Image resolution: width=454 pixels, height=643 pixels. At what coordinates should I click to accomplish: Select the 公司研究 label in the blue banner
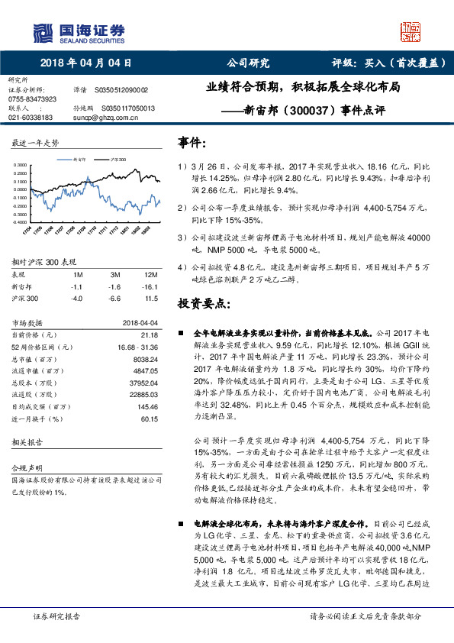pos(249,63)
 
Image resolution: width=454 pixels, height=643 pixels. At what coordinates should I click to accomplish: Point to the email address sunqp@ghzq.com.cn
pos(105,118)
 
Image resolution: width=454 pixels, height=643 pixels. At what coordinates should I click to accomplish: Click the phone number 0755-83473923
pos(32,99)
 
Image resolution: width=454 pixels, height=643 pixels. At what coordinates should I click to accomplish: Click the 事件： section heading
pos(192,143)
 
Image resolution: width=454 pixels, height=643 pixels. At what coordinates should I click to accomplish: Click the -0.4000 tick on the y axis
pos(23,222)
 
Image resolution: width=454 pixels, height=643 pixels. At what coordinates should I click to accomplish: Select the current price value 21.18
pos(150,334)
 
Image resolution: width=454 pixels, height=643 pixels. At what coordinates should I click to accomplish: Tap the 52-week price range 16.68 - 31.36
pos(138,346)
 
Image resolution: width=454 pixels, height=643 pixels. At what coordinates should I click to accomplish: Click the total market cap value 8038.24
pos(145,357)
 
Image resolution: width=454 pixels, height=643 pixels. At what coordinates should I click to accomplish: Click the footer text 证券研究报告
pos(56,615)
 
